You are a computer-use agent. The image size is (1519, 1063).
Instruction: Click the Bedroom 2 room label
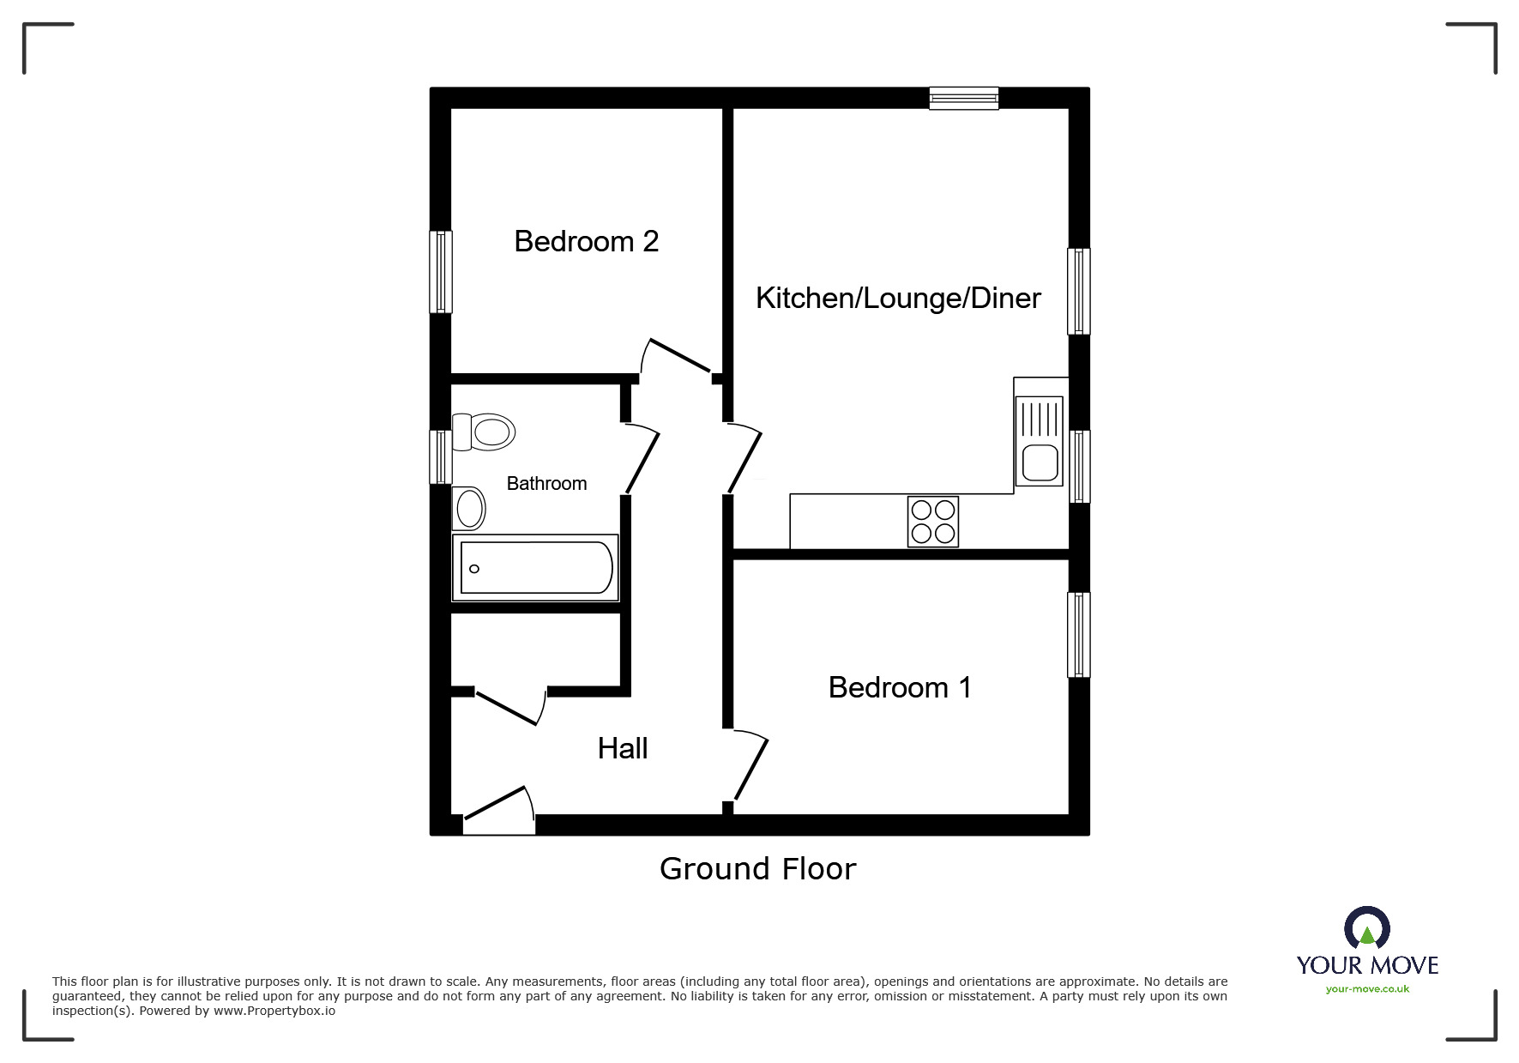point(586,242)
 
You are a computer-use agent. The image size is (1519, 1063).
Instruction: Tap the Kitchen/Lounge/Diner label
point(897,299)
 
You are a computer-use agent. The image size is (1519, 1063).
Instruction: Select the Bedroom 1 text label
point(900,687)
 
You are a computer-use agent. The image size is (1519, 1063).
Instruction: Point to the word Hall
point(622,748)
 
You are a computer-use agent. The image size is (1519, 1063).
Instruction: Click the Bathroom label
point(546,484)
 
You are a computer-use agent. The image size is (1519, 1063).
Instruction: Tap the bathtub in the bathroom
point(535,568)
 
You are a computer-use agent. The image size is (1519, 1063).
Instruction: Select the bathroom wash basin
point(469,508)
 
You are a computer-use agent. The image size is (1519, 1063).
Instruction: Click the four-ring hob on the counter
point(933,522)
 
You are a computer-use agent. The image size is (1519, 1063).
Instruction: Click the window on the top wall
point(964,99)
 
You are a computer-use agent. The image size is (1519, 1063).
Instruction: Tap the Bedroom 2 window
point(440,272)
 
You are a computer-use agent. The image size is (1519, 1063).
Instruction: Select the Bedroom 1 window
point(1079,635)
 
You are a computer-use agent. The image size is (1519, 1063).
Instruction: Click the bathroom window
point(440,456)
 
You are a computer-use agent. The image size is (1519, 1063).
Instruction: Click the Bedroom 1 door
point(749,766)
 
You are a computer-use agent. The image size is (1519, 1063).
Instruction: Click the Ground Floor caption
point(757,869)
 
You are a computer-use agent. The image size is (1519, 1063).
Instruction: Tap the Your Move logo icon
point(1367,928)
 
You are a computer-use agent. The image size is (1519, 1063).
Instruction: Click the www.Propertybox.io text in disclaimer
point(274,1011)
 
